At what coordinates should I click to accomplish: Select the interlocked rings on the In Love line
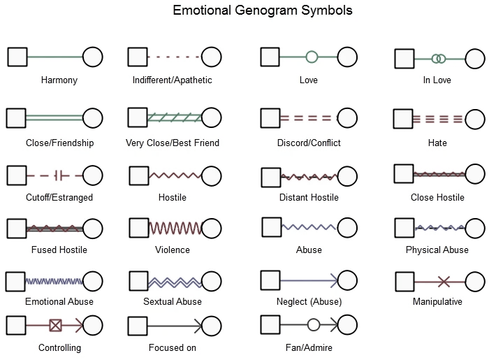439,59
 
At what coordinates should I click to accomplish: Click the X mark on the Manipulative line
444,282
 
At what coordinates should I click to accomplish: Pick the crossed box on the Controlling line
55,326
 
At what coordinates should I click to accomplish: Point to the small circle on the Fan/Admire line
314,325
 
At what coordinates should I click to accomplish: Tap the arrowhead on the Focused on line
198,326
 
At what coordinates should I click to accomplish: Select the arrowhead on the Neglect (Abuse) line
335,280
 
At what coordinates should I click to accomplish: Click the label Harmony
59,80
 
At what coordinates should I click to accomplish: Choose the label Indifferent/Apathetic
172,80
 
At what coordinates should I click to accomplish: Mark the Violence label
173,250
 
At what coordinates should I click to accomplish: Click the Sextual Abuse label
173,301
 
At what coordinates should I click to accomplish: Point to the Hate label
437,143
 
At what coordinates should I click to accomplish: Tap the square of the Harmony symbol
17,57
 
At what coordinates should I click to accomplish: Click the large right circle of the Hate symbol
475,119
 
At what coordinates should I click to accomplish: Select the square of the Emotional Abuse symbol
15,282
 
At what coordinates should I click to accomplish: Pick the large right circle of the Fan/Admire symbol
347,325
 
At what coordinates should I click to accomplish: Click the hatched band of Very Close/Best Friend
175,117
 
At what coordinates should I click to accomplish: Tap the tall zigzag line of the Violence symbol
176,228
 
